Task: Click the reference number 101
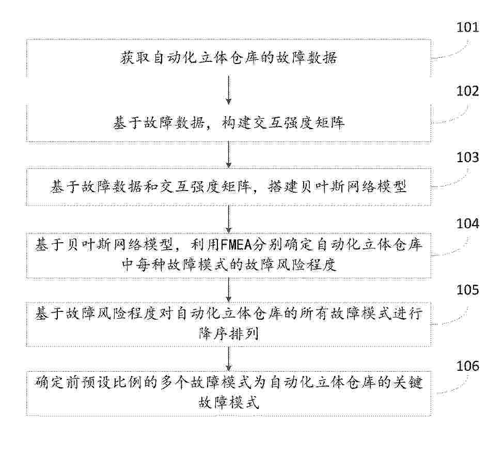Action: (467, 27)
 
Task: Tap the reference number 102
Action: (467, 91)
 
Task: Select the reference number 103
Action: (467, 157)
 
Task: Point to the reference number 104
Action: (467, 224)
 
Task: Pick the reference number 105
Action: (467, 290)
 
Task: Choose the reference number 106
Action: (467, 366)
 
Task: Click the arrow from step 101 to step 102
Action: (229, 90)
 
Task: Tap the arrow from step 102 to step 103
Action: (229, 155)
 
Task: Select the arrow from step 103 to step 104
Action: (229, 219)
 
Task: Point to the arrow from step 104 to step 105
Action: (229, 290)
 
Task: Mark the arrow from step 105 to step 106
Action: (229, 358)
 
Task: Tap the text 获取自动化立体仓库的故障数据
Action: (229, 58)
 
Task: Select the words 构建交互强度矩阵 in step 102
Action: (284, 123)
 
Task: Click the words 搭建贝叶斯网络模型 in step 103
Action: (337, 187)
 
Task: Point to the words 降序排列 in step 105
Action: (229, 334)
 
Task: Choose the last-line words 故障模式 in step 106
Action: (229, 402)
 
